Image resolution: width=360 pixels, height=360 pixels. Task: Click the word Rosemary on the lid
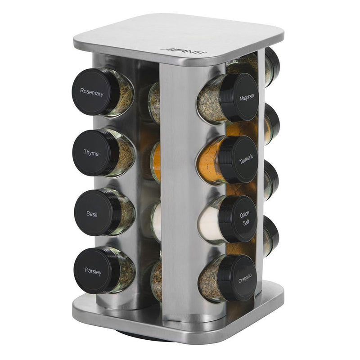point(92,93)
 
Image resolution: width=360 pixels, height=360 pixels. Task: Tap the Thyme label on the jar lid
point(91,153)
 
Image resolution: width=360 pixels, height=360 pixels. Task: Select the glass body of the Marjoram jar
point(211,102)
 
